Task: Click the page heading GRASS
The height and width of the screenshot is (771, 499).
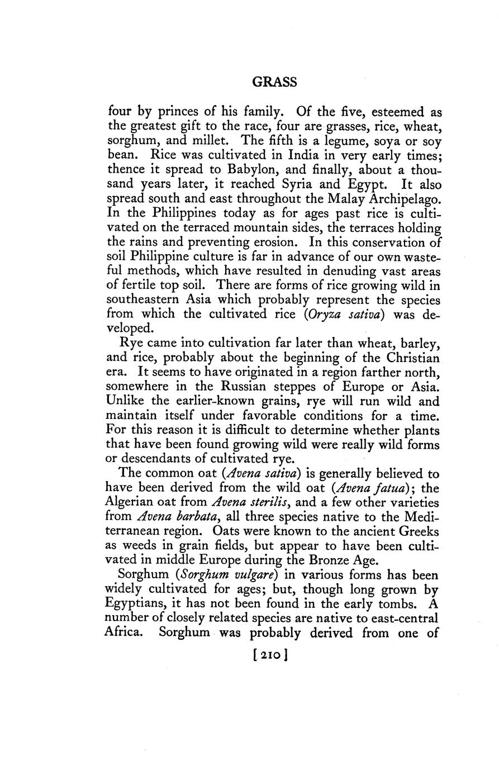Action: [274, 82]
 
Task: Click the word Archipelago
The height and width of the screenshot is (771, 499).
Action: [400, 197]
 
